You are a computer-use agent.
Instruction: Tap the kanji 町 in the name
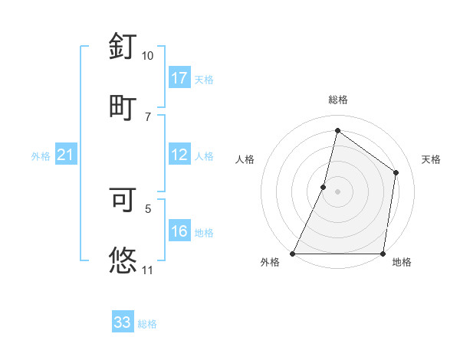click(123, 106)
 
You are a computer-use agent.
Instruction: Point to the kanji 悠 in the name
click(123, 259)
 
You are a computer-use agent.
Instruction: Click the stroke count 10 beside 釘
click(147, 56)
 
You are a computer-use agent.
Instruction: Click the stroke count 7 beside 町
click(148, 116)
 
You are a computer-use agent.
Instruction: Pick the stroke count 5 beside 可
click(148, 208)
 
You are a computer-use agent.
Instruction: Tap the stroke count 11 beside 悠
click(147, 270)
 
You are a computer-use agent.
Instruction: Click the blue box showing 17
click(179, 78)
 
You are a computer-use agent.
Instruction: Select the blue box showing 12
click(179, 155)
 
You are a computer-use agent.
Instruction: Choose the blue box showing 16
click(179, 231)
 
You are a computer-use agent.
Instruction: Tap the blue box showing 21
click(65, 155)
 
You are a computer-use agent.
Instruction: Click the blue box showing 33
click(123, 322)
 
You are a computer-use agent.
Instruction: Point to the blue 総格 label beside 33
click(148, 324)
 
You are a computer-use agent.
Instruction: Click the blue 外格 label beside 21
click(41, 156)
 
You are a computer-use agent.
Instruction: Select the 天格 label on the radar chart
click(431, 159)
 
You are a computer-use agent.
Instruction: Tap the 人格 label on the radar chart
click(245, 159)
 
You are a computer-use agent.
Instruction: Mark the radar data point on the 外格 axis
click(293, 254)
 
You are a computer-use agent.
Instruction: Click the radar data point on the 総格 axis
click(337, 130)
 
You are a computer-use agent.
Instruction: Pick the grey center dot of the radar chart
click(337, 191)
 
